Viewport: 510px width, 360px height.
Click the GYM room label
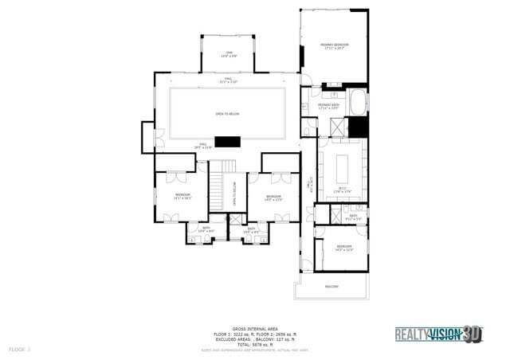[x=228, y=54]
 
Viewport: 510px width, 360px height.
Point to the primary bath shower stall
[x=337, y=127]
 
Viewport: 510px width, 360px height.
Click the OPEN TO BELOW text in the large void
[x=227, y=114]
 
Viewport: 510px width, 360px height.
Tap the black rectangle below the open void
[x=229, y=142]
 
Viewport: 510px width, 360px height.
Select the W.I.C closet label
[x=342, y=190]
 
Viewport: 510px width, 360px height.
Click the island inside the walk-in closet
[x=343, y=167]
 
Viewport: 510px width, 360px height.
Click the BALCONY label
[x=331, y=287]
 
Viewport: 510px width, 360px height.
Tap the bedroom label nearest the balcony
[x=343, y=248]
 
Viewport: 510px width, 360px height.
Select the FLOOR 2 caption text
[x=19, y=350]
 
